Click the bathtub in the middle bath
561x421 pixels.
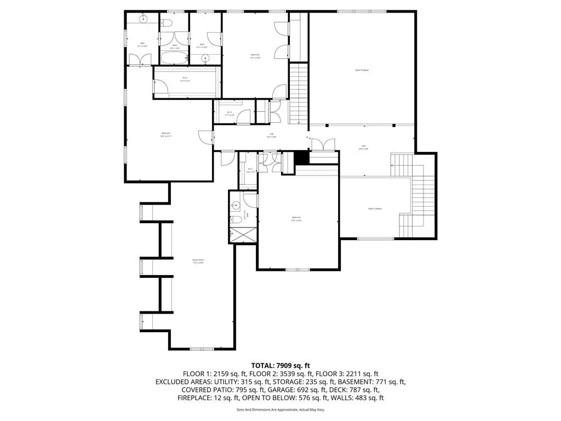coord(174,58)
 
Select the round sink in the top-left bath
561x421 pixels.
coord(144,19)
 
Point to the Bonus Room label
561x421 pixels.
coord(198,261)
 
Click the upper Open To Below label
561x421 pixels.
coord(362,70)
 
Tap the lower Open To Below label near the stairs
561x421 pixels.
coord(375,209)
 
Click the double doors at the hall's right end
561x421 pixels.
coord(323,145)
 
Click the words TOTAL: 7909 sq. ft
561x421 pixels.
coord(280,365)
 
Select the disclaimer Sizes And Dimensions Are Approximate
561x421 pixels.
coord(280,409)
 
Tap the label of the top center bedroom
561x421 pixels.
coord(255,55)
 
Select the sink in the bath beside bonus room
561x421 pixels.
coord(235,206)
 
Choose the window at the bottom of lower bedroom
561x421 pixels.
coord(298,269)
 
